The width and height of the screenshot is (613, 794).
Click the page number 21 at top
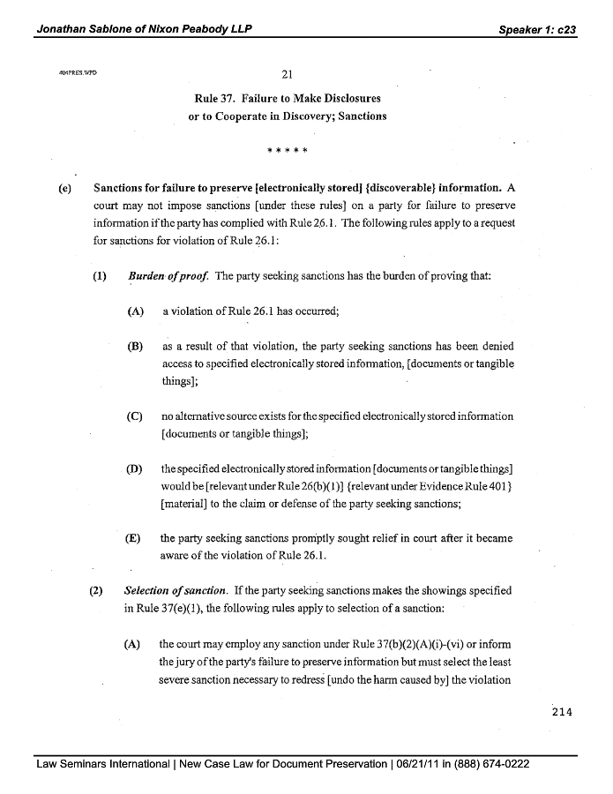(x=287, y=74)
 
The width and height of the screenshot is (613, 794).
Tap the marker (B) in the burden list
(x=135, y=347)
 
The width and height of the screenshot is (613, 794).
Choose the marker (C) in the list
(x=135, y=416)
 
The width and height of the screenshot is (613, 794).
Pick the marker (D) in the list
(x=135, y=468)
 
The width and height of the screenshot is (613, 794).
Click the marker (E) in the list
(x=135, y=537)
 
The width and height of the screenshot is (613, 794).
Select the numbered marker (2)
(x=98, y=589)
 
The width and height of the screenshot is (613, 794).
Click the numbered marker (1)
(x=99, y=276)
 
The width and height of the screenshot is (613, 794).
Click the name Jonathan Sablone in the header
(x=86, y=28)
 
